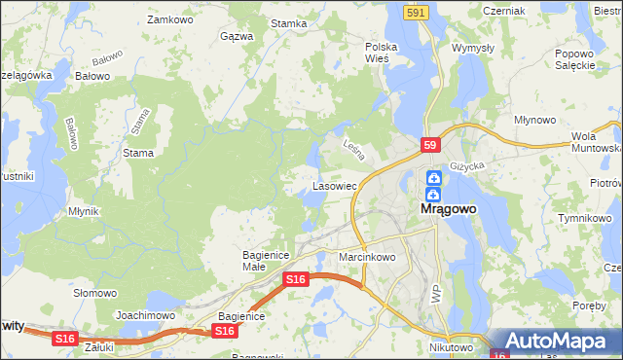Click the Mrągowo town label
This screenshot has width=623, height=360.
point(454,208)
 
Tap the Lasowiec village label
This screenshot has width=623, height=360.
point(336,184)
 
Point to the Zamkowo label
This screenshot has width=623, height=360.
point(166,18)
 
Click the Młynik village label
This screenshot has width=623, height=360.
point(84,210)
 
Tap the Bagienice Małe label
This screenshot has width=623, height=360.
point(262,260)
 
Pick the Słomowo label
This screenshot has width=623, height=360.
point(95,292)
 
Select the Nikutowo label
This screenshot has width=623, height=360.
point(450,345)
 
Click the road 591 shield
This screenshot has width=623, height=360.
point(417,11)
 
